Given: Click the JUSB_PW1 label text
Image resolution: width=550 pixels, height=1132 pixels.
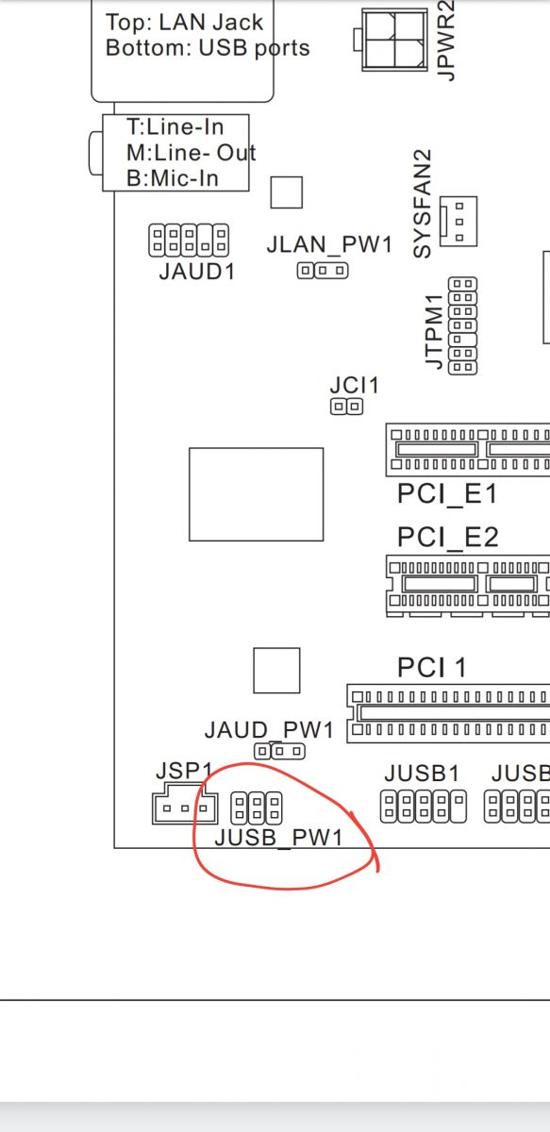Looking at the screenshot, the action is tap(278, 838).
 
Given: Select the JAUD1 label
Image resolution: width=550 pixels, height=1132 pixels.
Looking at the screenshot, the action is tap(197, 272).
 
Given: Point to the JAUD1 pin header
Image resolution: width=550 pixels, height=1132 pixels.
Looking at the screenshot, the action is tap(189, 240).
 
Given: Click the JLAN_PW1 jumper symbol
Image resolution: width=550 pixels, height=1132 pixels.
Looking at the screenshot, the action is tap(323, 271).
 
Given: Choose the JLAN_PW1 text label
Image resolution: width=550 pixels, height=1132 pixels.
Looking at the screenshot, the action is tap(329, 244).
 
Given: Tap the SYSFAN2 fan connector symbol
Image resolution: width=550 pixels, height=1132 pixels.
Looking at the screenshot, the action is tap(458, 222).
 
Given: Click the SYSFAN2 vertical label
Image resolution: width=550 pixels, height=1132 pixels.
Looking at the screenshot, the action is tap(423, 204).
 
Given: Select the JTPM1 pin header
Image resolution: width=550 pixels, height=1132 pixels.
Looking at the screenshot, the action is tap(462, 325).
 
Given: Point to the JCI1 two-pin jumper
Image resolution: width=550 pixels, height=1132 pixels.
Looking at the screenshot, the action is tap(347, 407).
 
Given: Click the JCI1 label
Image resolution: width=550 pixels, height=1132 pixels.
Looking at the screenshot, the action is tap(354, 386).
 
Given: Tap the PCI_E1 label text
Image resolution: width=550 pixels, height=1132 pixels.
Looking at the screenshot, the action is tap(447, 493).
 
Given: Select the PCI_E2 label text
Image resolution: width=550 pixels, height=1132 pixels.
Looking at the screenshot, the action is tap(448, 537).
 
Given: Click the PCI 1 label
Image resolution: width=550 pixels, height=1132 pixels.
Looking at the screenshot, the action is tap(432, 668).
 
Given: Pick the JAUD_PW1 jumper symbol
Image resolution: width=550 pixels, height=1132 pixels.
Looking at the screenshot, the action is tap(279, 752).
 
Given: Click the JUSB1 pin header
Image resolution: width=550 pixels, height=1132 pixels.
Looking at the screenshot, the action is tap(424, 807).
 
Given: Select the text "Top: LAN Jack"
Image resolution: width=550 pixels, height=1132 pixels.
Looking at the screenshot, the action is tap(185, 23).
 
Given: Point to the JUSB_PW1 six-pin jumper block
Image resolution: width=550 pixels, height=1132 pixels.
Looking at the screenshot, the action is tap(257, 807).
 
